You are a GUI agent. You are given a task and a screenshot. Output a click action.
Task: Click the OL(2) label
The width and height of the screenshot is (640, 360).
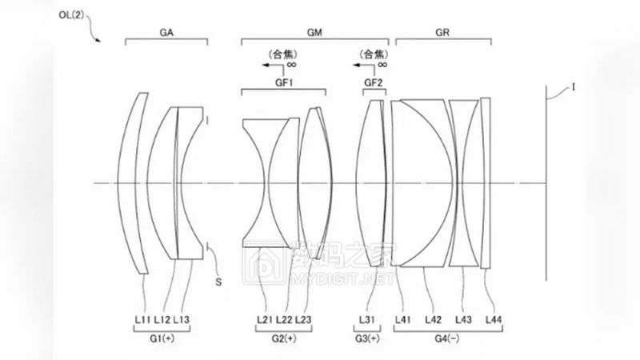pos(71,15)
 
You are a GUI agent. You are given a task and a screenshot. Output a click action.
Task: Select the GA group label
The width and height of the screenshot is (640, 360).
pos(166,33)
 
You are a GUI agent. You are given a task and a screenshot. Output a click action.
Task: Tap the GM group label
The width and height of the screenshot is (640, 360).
pos(314,33)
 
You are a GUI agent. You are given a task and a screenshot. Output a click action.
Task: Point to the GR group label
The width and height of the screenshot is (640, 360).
pos(442,33)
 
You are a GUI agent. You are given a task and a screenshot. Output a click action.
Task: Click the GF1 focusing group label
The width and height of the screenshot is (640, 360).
pos(284,82)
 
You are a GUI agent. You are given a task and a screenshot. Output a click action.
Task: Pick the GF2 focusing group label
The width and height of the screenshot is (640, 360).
pos(374,82)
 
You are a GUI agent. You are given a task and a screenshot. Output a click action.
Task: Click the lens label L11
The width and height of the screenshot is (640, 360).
pos(142,319)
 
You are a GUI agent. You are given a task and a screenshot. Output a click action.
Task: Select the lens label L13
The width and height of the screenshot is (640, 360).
pos(182,319)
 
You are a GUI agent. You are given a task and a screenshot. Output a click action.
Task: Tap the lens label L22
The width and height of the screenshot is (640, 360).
pos(284,319)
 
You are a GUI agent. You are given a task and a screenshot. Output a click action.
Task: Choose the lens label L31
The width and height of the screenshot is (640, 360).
pos(366,319)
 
